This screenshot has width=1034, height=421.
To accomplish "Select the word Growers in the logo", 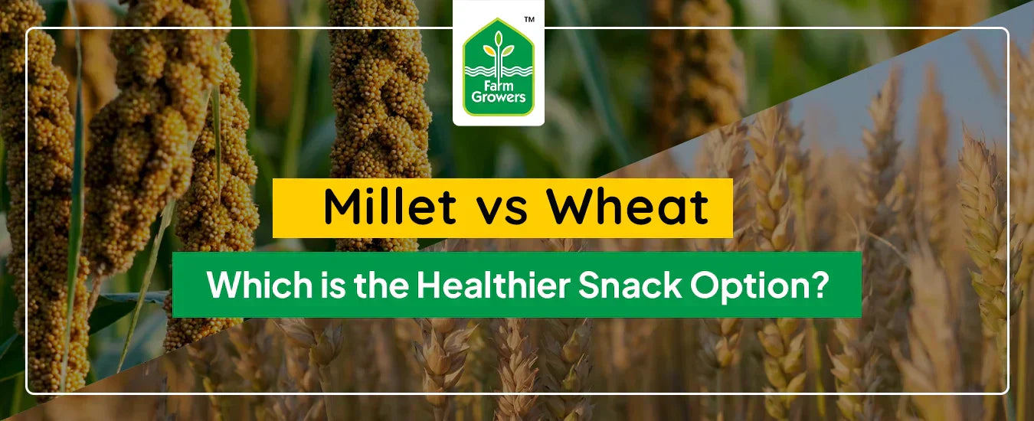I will click(499, 98).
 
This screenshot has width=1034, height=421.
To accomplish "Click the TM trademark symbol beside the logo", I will click(528, 19).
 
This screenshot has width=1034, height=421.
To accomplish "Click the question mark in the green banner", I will click(821, 285).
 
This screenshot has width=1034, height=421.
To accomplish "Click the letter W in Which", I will click(222, 285).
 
